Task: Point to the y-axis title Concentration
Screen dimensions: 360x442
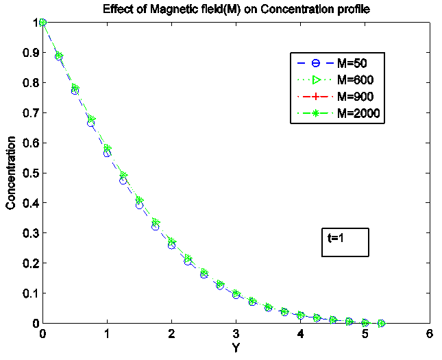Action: (x=10, y=172)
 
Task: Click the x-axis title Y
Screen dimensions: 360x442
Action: (x=236, y=348)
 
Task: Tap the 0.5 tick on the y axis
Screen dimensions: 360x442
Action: (x=28, y=173)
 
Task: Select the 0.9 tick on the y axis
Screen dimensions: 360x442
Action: (x=28, y=52)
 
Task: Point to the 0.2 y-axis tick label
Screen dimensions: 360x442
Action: (x=28, y=263)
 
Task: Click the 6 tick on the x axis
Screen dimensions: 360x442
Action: (x=429, y=334)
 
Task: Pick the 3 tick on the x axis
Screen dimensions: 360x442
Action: (x=236, y=334)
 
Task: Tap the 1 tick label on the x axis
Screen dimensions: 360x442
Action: (x=107, y=334)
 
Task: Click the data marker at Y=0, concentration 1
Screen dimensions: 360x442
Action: (x=42, y=22)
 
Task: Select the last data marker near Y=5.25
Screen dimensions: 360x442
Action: (x=382, y=323)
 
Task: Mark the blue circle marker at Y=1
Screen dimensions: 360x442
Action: (x=107, y=153)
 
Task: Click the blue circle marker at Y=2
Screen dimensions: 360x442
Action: (x=171, y=245)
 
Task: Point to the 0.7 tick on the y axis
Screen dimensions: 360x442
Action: (x=28, y=112)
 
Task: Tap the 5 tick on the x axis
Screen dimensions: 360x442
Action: (x=365, y=334)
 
